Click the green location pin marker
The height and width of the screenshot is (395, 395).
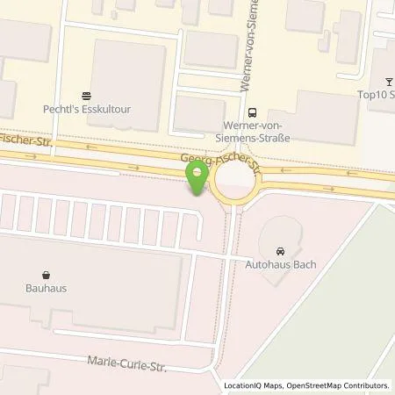coord(199,176)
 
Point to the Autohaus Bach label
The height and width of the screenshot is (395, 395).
coord(281,263)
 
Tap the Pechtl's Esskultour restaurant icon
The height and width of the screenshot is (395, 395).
coord(86,97)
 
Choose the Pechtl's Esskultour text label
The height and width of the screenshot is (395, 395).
coord(86,111)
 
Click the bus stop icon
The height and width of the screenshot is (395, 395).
coord(253,111)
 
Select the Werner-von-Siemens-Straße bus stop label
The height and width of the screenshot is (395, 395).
coord(253,131)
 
